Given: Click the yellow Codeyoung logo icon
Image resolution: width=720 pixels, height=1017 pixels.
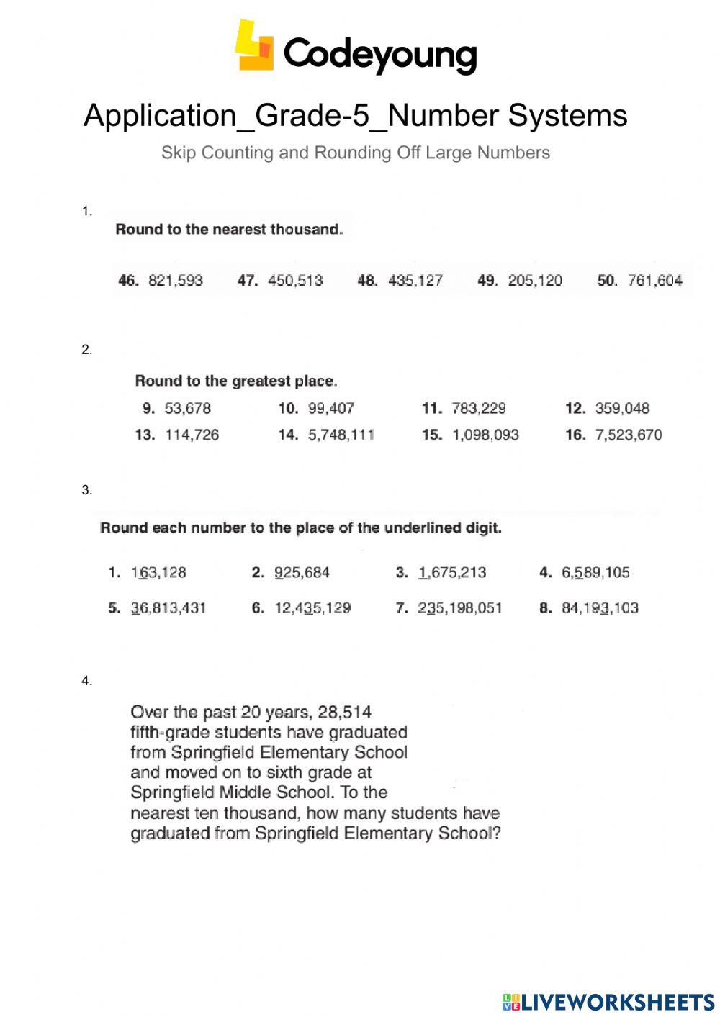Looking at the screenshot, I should (x=254, y=45).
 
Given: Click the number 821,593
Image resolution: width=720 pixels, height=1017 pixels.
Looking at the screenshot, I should (x=176, y=281).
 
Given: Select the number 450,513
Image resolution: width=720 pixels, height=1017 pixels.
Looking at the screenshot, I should (x=295, y=281).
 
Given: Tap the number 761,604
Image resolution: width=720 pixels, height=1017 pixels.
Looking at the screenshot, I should (x=655, y=281).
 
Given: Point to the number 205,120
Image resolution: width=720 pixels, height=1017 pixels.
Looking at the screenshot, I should (x=535, y=281).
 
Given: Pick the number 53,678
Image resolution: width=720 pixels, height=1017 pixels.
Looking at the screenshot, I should (x=188, y=409).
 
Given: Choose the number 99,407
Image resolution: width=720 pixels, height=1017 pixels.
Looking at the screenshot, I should (x=331, y=409).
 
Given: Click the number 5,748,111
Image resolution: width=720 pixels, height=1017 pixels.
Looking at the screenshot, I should (x=341, y=435).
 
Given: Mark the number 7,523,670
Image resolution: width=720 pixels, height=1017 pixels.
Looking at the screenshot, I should (x=629, y=435).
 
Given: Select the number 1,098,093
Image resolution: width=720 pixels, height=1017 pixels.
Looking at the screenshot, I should (x=485, y=435).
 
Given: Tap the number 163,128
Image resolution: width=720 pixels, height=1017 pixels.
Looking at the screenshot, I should (x=158, y=573).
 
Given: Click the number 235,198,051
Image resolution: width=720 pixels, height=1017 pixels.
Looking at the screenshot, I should (x=460, y=608).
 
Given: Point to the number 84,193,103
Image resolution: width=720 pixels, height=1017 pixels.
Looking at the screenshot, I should (x=600, y=608).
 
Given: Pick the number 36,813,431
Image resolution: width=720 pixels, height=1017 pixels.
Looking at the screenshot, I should (x=168, y=608).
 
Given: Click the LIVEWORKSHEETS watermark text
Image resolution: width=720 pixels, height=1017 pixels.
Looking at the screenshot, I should (x=618, y=1002).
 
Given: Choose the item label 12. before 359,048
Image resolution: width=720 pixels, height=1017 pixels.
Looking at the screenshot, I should (x=575, y=409).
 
